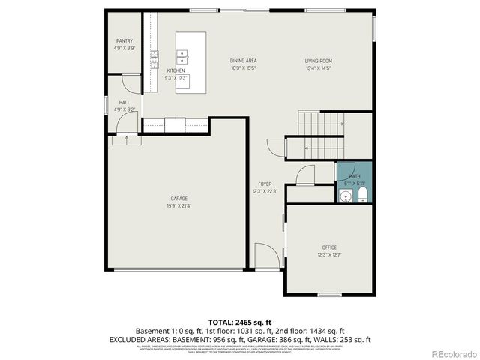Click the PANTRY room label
pyautogui.click(x=124, y=40)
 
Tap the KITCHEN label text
pyautogui.click(x=175, y=70)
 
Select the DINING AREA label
pyautogui.click(x=243, y=61)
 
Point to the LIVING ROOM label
pyautogui.click(x=318, y=61)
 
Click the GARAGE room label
pyautogui.click(x=178, y=198)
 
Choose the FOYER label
pyautogui.click(x=265, y=184)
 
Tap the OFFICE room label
pyautogui.click(x=329, y=247)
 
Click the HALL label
pyautogui.click(x=124, y=102)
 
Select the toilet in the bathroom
pyautogui.click(x=362, y=196)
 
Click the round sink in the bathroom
pyautogui.click(x=344, y=196)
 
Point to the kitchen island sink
pyautogui.click(x=182, y=55)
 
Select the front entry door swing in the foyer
pyautogui.click(x=265, y=256)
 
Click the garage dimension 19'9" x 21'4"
pyautogui.click(x=178, y=205)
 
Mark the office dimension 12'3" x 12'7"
pyautogui.click(x=329, y=254)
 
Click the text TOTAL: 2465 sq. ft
pyautogui.click(x=240, y=320)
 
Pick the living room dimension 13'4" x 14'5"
pyautogui.click(x=318, y=68)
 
